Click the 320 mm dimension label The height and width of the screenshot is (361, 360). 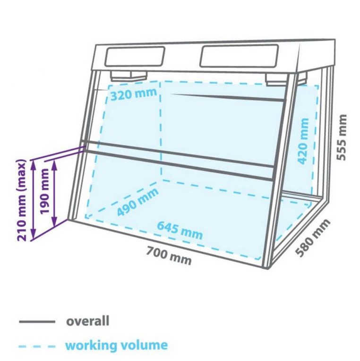[x=134, y=95]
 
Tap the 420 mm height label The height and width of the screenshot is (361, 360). [x=303, y=141]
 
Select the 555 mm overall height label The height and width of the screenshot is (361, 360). [x=342, y=137]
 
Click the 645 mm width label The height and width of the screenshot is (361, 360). [x=180, y=230]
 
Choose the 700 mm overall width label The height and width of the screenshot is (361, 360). [x=169, y=256]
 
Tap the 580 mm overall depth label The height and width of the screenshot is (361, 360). [x=313, y=238]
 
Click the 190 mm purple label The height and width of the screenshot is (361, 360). [x=44, y=191]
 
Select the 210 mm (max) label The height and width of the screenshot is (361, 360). [x=22, y=200]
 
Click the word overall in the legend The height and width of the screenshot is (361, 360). [x=88, y=321]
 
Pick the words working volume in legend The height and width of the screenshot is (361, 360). [x=117, y=345]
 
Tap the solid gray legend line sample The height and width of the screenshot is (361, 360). [x=37, y=322]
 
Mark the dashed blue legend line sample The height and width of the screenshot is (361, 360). [x=37, y=346]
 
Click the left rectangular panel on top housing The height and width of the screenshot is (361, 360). [x=135, y=56]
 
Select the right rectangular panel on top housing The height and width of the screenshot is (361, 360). [x=239, y=56]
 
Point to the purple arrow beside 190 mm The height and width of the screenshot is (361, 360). [x=54, y=193]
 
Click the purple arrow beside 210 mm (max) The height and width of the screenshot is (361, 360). [x=34, y=199]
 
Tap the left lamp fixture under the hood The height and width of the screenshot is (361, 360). [x=129, y=76]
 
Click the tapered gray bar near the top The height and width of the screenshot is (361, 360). [x=227, y=97]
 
